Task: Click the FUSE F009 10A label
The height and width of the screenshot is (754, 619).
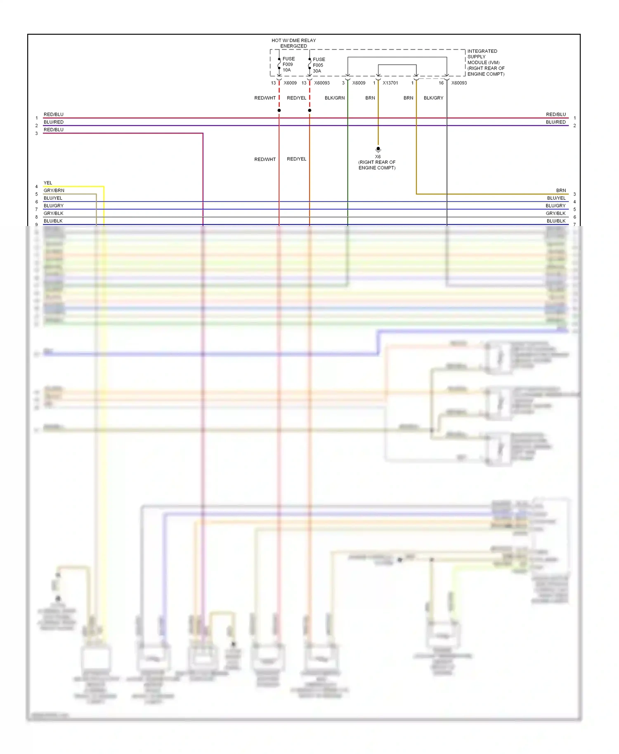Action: click(x=288, y=64)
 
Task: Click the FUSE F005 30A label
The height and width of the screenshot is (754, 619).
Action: click(x=319, y=65)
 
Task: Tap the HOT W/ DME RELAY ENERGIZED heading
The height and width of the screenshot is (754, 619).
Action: click(x=293, y=43)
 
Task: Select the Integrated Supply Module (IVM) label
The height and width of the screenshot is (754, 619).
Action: click(x=485, y=63)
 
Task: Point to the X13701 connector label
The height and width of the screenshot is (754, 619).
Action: click(x=390, y=83)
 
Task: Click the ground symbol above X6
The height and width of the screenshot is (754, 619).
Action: click(x=378, y=149)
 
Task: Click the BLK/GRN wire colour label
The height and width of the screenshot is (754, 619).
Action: click(x=334, y=98)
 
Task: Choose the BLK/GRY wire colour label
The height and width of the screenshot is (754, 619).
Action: click(x=433, y=98)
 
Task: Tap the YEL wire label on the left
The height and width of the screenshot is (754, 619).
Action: click(x=48, y=183)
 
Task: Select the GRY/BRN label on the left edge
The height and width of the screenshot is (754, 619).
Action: click(x=54, y=191)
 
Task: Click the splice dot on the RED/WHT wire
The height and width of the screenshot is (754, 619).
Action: click(x=279, y=111)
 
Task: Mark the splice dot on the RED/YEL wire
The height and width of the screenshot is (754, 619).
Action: click(x=309, y=111)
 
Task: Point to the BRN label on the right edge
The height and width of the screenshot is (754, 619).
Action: click(x=561, y=191)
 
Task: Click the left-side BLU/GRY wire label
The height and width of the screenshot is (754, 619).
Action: click(x=54, y=206)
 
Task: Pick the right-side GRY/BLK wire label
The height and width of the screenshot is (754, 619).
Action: click(x=555, y=213)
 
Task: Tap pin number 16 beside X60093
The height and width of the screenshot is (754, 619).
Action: click(x=441, y=83)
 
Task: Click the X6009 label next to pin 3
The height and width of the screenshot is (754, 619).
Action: click(x=359, y=83)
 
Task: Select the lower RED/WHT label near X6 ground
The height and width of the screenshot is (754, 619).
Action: click(x=265, y=159)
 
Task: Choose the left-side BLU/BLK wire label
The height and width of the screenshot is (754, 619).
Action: click(x=53, y=221)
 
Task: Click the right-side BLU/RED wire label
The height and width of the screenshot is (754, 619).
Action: click(x=555, y=122)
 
